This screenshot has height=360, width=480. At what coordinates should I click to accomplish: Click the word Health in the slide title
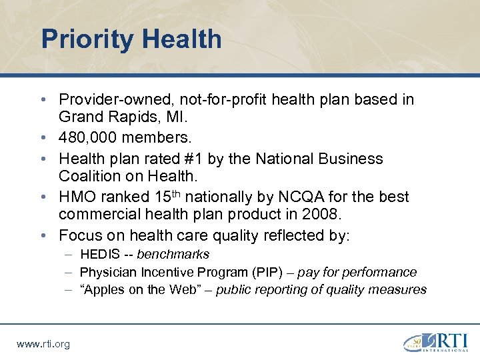click(181, 39)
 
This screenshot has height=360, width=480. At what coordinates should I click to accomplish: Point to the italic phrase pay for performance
click(357, 272)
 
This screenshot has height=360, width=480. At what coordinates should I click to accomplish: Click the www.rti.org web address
click(43, 344)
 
